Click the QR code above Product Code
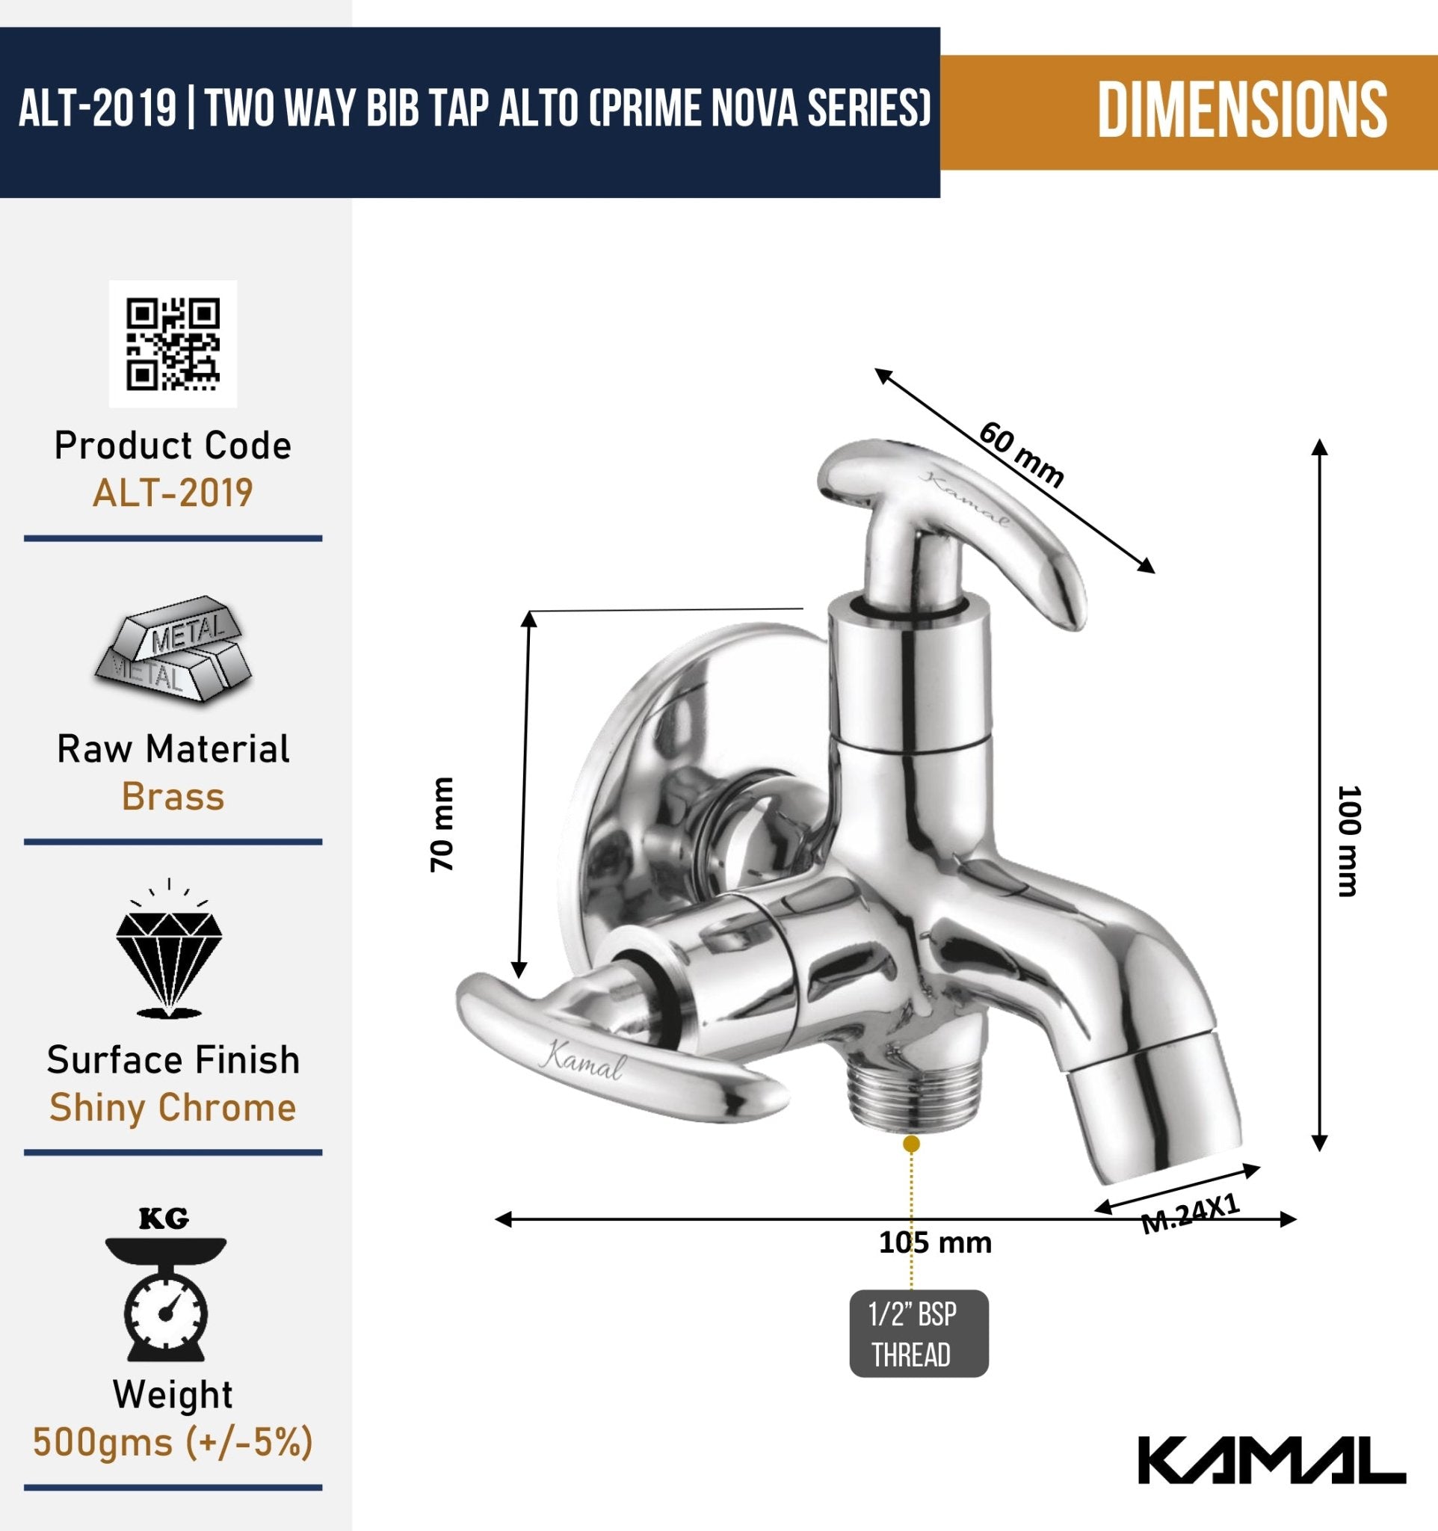[173, 343]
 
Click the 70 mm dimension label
[442, 824]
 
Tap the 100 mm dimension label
[1349, 841]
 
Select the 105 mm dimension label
[934, 1242]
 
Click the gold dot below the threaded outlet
[910, 1144]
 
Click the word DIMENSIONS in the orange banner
[1241, 112]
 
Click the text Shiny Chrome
[173, 1107]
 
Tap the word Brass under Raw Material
[173, 796]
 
